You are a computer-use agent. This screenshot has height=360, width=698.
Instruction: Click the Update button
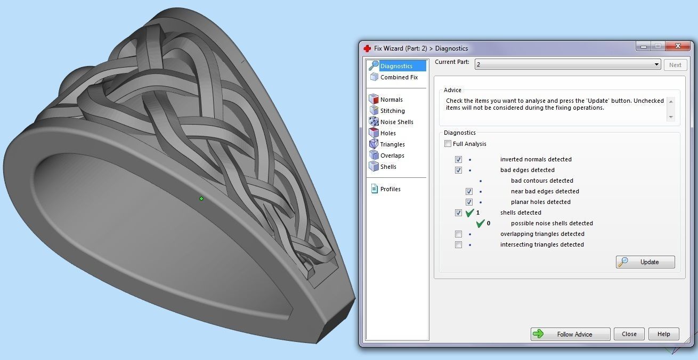tap(645, 262)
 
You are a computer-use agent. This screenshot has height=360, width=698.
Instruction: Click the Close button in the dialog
tap(629, 334)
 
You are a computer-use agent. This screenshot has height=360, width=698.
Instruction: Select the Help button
tap(663, 334)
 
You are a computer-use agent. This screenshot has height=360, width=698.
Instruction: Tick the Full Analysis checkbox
tap(448, 144)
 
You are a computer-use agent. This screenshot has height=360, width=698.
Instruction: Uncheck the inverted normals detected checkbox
tap(458, 159)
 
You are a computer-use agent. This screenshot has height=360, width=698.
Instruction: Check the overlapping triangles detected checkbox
tap(458, 234)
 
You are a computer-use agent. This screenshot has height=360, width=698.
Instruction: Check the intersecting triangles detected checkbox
tap(458, 244)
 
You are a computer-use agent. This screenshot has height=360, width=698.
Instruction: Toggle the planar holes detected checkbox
tap(469, 202)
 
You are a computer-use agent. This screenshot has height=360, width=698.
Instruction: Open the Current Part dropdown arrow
tap(656, 65)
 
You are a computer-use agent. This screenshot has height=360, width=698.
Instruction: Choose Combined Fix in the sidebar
tap(399, 77)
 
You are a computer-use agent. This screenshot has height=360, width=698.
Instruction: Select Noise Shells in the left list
tap(396, 122)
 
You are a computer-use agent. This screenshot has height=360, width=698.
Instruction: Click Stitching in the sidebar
tap(392, 111)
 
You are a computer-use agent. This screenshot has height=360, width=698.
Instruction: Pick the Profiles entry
tap(390, 189)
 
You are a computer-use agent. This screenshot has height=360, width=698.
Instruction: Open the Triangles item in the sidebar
tap(392, 144)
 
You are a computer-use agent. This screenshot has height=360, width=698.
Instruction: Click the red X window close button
tap(677, 46)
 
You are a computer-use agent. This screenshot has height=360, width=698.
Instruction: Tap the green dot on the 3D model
tap(201, 199)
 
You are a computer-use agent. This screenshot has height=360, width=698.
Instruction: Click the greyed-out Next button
tap(675, 65)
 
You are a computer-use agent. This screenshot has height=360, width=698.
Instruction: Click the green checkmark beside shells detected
tap(469, 213)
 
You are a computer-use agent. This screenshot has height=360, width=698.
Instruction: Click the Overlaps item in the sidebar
tap(392, 156)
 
